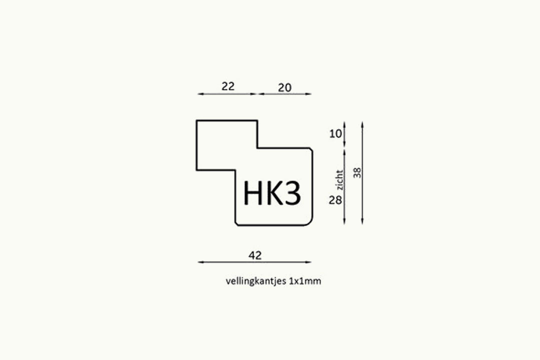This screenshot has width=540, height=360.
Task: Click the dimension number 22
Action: click(228, 86)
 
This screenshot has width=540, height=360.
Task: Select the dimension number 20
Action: click(284, 88)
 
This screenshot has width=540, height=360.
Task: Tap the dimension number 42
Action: click(255, 255)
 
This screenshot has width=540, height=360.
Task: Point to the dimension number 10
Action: click(335, 133)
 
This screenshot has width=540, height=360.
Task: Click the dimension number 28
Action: click(335, 200)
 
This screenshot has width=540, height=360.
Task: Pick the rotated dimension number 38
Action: click(357, 172)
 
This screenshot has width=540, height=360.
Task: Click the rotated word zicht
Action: click(340, 180)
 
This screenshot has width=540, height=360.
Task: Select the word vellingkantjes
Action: click(256, 281)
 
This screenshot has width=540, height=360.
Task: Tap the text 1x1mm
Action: click(305, 281)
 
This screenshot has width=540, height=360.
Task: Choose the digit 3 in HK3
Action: click(292, 193)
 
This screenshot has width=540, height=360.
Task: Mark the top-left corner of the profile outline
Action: click(196, 120)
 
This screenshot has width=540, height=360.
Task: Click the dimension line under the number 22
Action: click(227, 93)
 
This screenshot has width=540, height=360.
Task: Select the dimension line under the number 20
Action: click(284, 93)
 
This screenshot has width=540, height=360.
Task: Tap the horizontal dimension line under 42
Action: click(254, 262)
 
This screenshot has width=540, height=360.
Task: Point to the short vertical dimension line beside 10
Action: click(344, 134)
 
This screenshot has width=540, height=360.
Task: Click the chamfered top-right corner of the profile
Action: click(311, 149)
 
